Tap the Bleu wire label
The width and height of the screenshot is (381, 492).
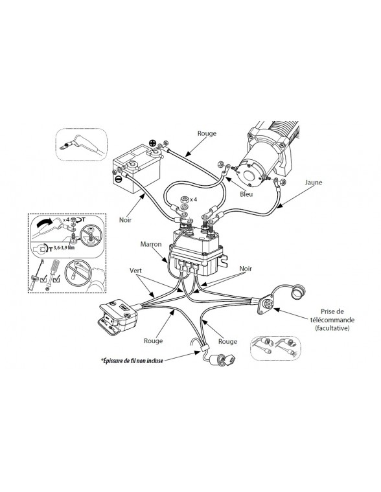click(245, 193)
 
